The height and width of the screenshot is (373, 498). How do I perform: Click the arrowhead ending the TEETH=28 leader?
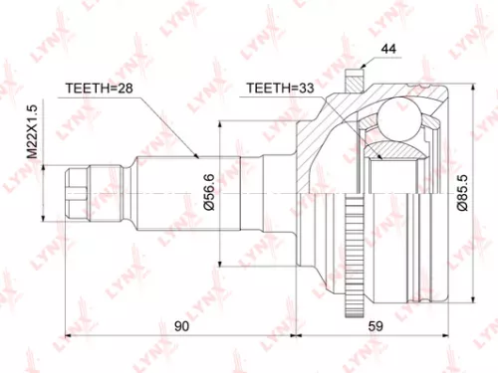click(x=199, y=157)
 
